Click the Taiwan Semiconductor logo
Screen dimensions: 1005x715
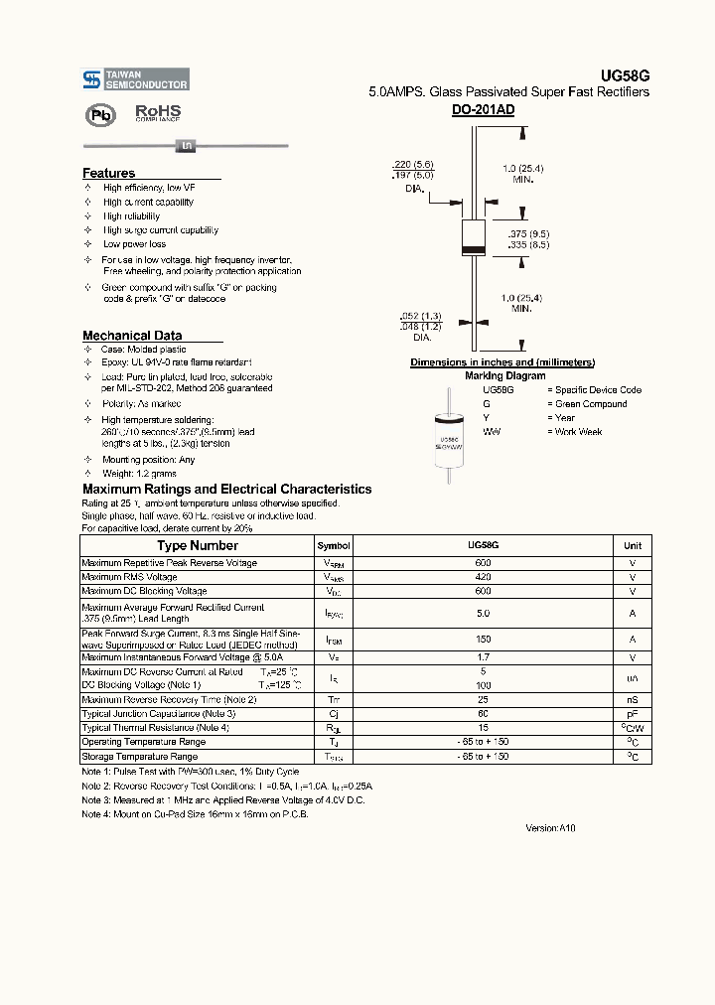(135, 79)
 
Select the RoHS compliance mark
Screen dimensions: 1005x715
(158, 113)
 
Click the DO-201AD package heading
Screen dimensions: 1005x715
(483, 110)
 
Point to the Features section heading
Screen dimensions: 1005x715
(108, 173)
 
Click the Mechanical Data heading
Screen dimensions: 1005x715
(132, 336)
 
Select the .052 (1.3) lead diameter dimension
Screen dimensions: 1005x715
(419, 316)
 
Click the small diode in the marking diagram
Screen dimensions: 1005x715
(449, 441)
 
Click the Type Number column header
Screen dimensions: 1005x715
(198, 545)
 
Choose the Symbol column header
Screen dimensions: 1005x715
(334, 546)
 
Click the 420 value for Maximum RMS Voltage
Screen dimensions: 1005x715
(483, 577)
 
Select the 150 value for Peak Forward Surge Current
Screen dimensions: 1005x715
(483, 640)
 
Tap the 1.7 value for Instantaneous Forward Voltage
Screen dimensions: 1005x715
(483, 657)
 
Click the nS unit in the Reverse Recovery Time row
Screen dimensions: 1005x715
(633, 700)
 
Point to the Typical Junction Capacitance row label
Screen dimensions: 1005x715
(159, 714)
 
